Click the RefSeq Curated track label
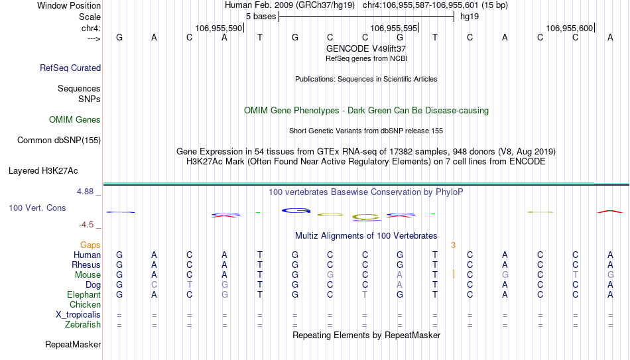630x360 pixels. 70,68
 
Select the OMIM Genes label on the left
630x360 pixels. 75,120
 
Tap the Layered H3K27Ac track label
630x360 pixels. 43,171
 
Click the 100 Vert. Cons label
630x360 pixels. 37,208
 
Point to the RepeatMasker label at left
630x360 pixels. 73,344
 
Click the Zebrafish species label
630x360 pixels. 83,324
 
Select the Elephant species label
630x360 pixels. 84,294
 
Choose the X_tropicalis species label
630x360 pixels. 78,315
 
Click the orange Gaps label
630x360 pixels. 90,245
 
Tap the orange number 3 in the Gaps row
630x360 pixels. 453,245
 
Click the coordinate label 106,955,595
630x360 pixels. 394,28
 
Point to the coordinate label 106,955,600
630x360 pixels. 570,28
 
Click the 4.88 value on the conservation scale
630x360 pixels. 85,192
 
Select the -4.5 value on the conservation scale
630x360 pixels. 86,225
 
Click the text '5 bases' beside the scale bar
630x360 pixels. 261,17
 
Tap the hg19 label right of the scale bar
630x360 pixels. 470,17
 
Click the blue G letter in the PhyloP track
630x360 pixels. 296,210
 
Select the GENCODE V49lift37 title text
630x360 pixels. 366,48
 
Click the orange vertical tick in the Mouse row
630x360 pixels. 454,274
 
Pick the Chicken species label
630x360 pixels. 85,304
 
